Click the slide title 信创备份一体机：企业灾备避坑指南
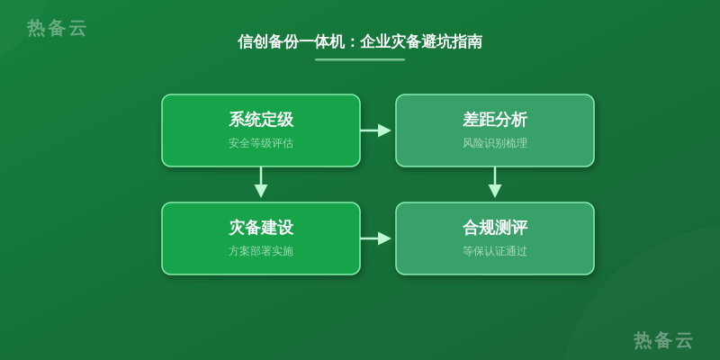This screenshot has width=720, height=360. (x=359, y=41)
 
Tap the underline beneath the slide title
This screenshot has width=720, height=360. (x=359, y=59)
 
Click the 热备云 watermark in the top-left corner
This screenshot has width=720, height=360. (x=57, y=28)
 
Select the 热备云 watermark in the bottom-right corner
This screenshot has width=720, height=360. (x=663, y=340)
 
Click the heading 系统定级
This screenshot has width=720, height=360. (x=261, y=120)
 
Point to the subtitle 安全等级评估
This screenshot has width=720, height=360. (x=261, y=143)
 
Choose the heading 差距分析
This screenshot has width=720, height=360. (x=495, y=120)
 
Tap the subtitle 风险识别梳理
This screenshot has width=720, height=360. (x=495, y=143)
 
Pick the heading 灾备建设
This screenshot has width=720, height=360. (x=261, y=228)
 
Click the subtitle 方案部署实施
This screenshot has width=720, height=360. (x=261, y=251)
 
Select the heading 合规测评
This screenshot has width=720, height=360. (x=495, y=228)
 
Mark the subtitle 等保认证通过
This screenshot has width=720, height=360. (x=495, y=251)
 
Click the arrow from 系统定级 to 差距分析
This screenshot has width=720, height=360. (x=375, y=130)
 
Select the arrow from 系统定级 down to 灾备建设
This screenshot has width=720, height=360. (x=261, y=183)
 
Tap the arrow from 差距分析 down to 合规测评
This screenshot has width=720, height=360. (x=494, y=183)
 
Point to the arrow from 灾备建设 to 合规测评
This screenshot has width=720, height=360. (x=375, y=238)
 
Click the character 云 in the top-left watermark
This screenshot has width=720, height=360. (x=77, y=28)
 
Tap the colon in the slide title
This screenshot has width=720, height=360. (x=352, y=42)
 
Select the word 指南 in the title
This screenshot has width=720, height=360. (x=467, y=41)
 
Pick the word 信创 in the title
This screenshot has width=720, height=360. (x=253, y=41)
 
